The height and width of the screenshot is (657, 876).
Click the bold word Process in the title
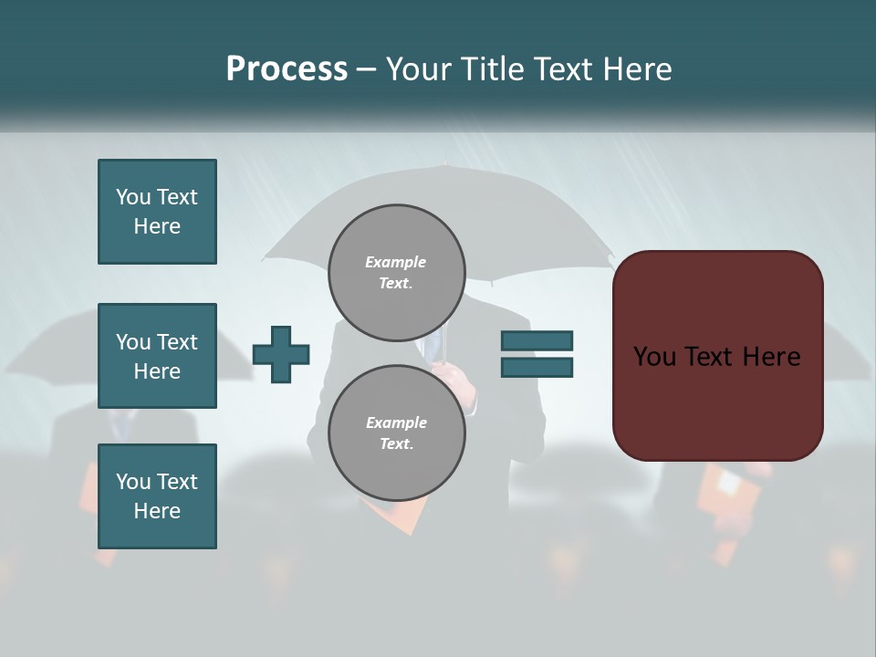coord(287,69)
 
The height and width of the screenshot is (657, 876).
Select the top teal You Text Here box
coord(157,212)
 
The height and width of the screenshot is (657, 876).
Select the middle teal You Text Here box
coord(157,356)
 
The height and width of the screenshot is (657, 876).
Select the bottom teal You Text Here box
coord(157,496)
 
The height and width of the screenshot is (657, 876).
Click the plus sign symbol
coord(281,353)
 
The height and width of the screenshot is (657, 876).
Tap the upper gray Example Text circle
coord(396,273)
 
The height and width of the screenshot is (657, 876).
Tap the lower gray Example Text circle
coord(396,433)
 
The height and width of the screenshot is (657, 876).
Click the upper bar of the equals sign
coord(537,340)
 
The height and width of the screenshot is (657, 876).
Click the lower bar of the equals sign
coord(537,367)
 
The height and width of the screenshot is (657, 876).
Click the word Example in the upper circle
coord(396,263)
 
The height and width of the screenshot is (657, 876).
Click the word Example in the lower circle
coord(396,423)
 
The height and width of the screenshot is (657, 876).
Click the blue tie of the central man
coord(432,348)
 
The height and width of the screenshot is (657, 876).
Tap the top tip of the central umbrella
coord(443,166)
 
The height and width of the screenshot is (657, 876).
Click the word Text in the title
coord(563,69)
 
